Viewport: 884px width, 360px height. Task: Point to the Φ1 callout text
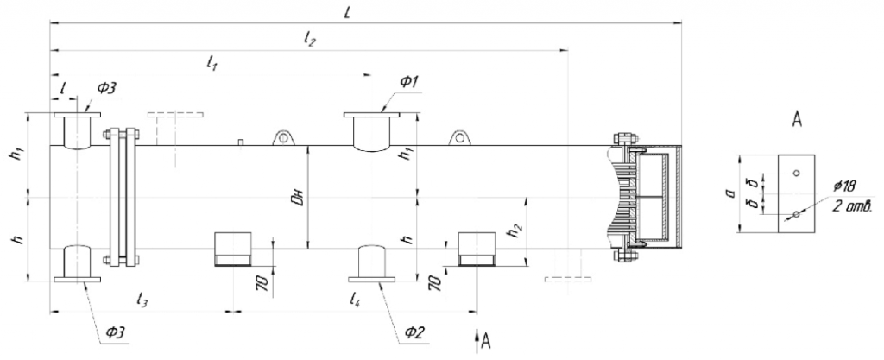(x=409, y=82)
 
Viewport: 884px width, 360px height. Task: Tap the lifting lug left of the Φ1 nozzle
(x=282, y=137)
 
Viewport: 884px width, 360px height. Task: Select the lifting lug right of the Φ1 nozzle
(x=458, y=137)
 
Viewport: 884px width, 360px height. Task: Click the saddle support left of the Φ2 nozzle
(x=232, y=249)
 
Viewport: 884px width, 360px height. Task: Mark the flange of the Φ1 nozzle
(x=372, y=115)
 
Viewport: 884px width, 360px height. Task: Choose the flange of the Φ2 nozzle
(x=372, y=279)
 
